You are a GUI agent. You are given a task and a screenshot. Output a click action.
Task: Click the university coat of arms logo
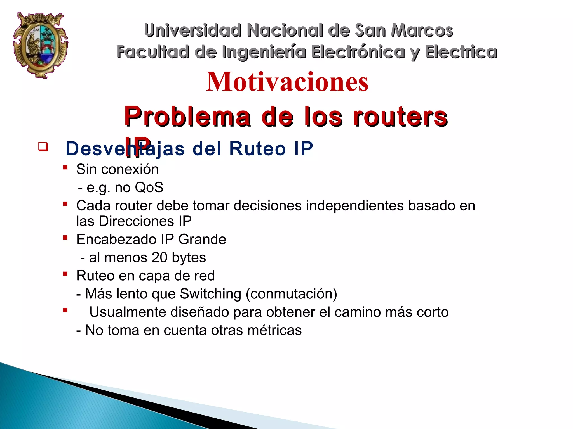pyautogui.click(x=41, y=45)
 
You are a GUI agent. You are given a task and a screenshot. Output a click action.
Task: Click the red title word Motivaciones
pyautogui.click(x=287, y=82)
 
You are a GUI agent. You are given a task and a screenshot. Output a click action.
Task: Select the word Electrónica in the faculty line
pyautogui.click(x=358, y=52)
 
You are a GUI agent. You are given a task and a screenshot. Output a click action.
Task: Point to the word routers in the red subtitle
pyautogui.click(x=400, y=117)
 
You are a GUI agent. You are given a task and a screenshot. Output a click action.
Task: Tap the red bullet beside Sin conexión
pyautogui.click(x=65, y=168)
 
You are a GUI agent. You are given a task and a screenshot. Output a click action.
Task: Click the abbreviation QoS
pyautogui.click(x=149, y=187)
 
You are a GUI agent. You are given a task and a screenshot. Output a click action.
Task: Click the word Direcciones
pyautogui.click(x=137, y=221)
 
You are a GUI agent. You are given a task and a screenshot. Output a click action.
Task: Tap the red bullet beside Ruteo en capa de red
pyautogui.click(x=65, y=274)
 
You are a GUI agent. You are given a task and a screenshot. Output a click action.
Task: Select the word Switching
pyautogui.click(x=210, y=294)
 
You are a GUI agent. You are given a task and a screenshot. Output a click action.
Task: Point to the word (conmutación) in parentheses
pyautogui.click(x=292, y=294)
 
